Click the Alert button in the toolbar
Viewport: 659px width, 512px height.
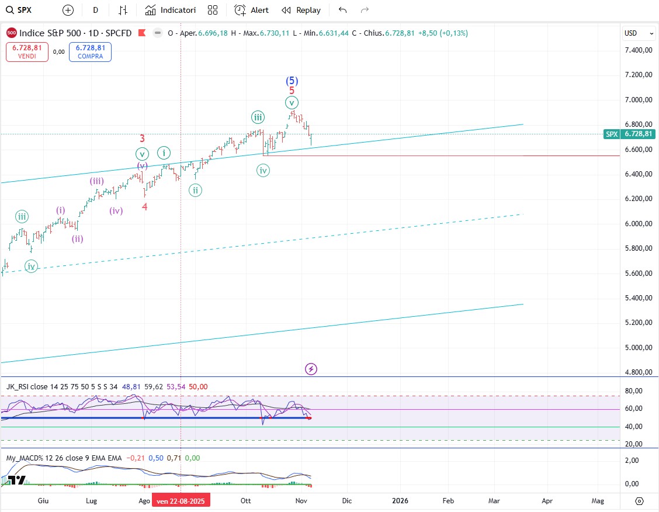[251, 10]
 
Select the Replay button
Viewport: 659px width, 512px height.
[301, 10]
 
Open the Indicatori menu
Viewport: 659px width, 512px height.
[171, 10]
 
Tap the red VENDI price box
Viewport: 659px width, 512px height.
[27, 52]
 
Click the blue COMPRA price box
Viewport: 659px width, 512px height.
[90, 52]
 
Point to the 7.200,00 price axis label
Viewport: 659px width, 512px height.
[638, 75]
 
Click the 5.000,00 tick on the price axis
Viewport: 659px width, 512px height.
[638, 348]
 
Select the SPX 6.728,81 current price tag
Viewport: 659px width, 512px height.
[630, 134]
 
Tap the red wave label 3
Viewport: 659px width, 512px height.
[143, 139]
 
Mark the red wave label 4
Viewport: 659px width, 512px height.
[144, 206]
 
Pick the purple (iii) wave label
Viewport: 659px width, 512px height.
[97, 181]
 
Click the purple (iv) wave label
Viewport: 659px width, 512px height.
[116, 210]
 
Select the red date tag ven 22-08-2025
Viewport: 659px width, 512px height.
[181, 501]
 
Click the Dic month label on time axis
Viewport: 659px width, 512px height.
[347, 501]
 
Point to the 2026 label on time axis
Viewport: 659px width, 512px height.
[400, 501]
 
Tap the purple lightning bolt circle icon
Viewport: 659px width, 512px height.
[311, 369]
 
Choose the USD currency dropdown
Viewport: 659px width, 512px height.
[634, 33]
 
